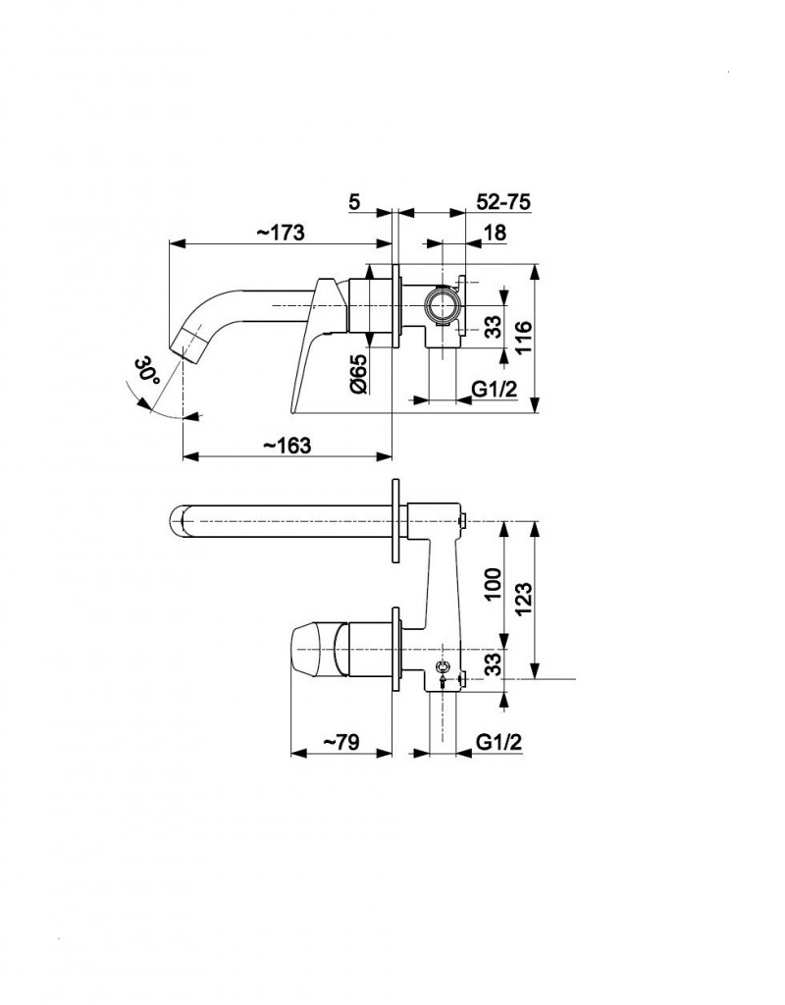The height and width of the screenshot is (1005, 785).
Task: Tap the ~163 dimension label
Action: point(288,445)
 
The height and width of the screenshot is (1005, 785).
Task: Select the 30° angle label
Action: point(148,372)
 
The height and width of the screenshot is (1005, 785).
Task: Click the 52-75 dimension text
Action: point(503,201)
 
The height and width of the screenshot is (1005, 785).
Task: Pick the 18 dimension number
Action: point(495,232)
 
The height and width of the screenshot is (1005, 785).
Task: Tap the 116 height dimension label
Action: point(523,338)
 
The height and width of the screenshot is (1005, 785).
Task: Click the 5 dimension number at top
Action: point(354,201)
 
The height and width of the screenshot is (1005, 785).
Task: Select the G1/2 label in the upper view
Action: point(495,389)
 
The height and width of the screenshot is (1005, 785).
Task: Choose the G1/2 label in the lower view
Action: point(499,742)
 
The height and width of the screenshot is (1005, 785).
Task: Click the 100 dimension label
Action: point(493,583)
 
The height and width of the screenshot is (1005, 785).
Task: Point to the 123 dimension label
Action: point(523,598)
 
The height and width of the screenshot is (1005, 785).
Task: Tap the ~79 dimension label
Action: point(340,742)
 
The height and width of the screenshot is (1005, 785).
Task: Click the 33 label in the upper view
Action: point(493,328)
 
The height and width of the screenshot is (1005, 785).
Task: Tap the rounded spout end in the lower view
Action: point(179,520)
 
